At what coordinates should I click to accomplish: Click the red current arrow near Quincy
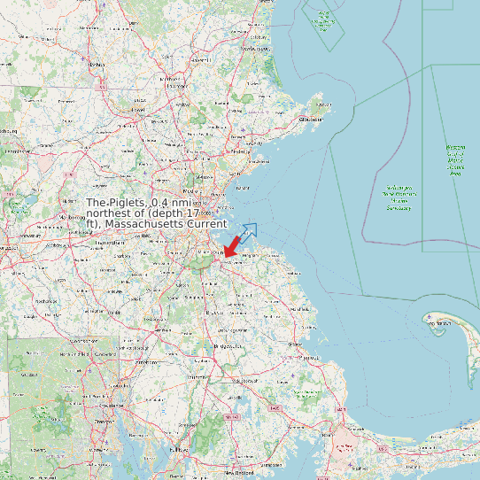pos(233,245)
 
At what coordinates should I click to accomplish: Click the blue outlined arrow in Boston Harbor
pos(247,232)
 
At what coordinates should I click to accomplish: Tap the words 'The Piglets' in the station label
pos(116,203)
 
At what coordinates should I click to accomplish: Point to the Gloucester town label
pos(310,118)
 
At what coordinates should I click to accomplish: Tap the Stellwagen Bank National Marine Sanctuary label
pos(399,198)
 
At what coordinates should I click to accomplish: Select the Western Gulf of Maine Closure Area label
pos(456,160)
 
